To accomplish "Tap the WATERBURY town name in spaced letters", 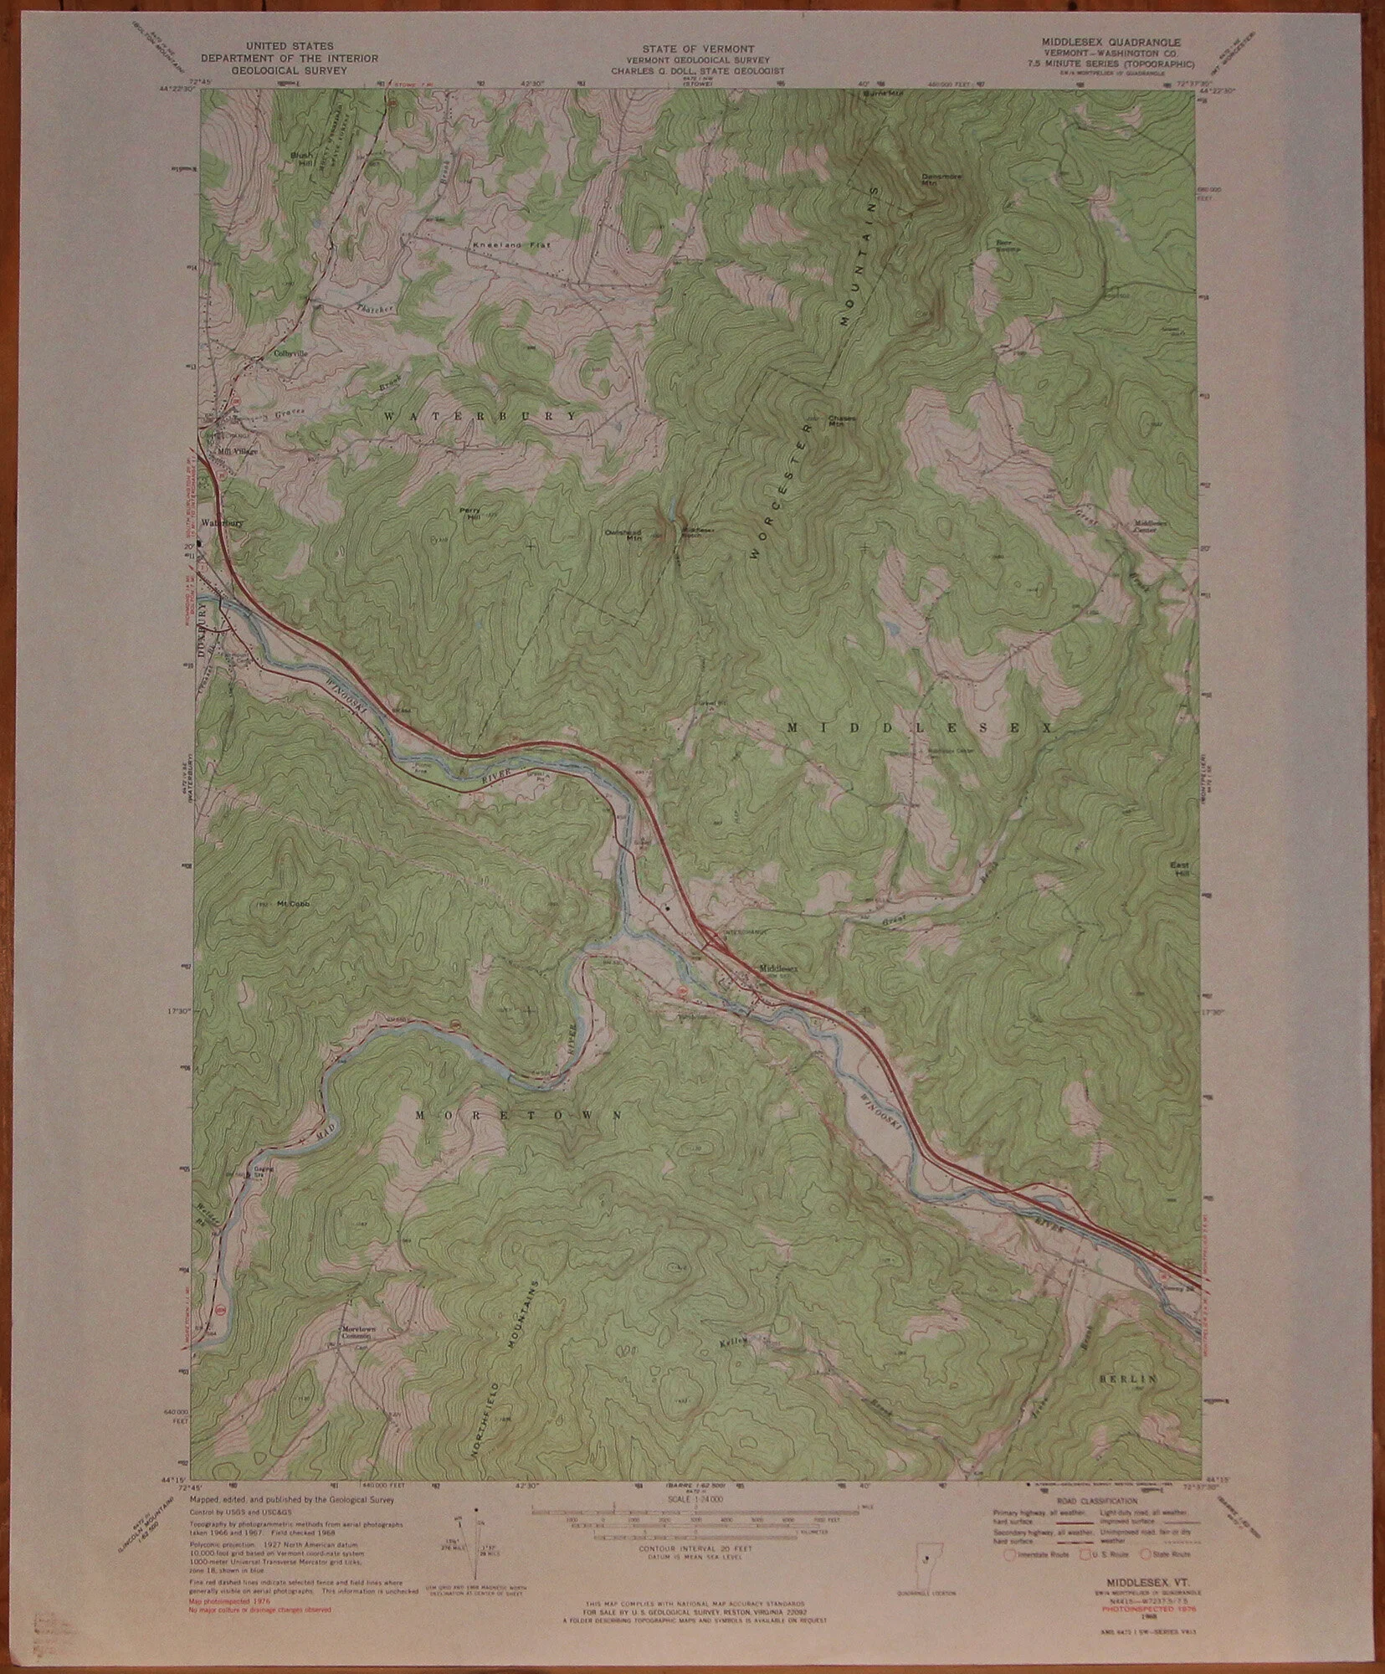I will pos(480,415).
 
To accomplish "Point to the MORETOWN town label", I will pos(518,1115).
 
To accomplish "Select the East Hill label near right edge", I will pos(1181,870).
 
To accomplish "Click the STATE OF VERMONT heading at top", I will pos(693,49).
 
